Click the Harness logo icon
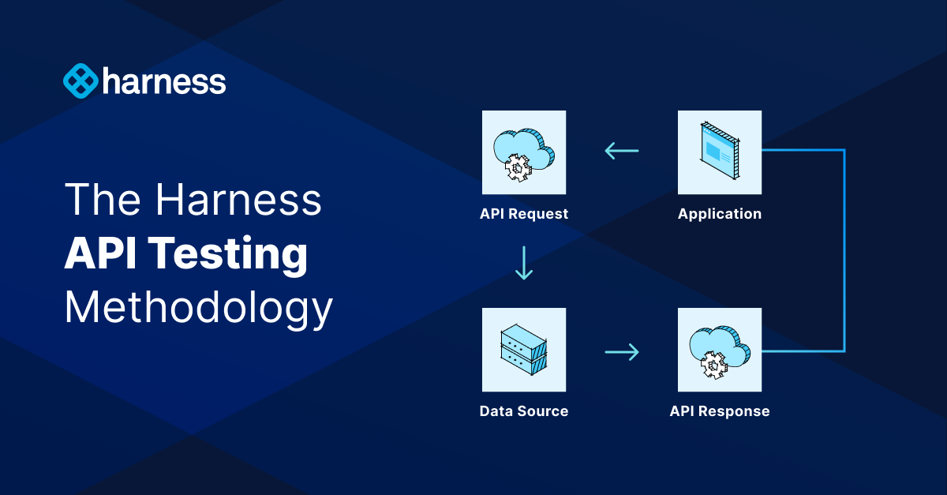[80, 81]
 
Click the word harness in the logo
[163, 81]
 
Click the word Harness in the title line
[238, 201]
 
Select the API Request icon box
[524, 152]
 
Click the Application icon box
[720, 152]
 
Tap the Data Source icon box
[524, 350]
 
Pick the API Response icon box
[720, 350]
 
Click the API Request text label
[524, 214]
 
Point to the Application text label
[720, 214]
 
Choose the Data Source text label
[524, 411]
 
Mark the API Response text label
[720, 411]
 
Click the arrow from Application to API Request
[622, 150]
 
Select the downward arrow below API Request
[524, 263]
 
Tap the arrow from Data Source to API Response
[622, 351]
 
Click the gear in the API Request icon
[518, 167]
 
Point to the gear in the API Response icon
[713, 365]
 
